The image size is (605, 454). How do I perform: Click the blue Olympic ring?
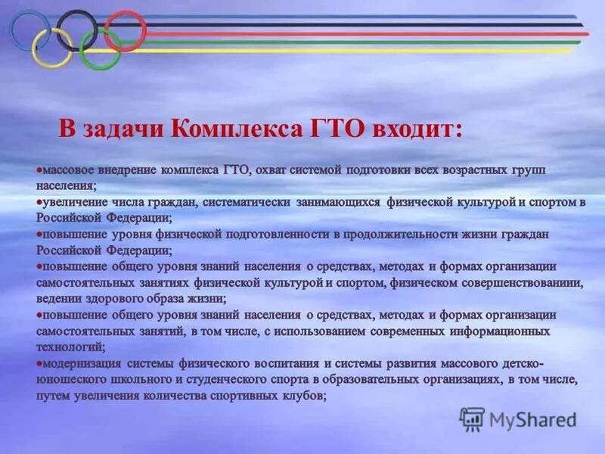point(16,29)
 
